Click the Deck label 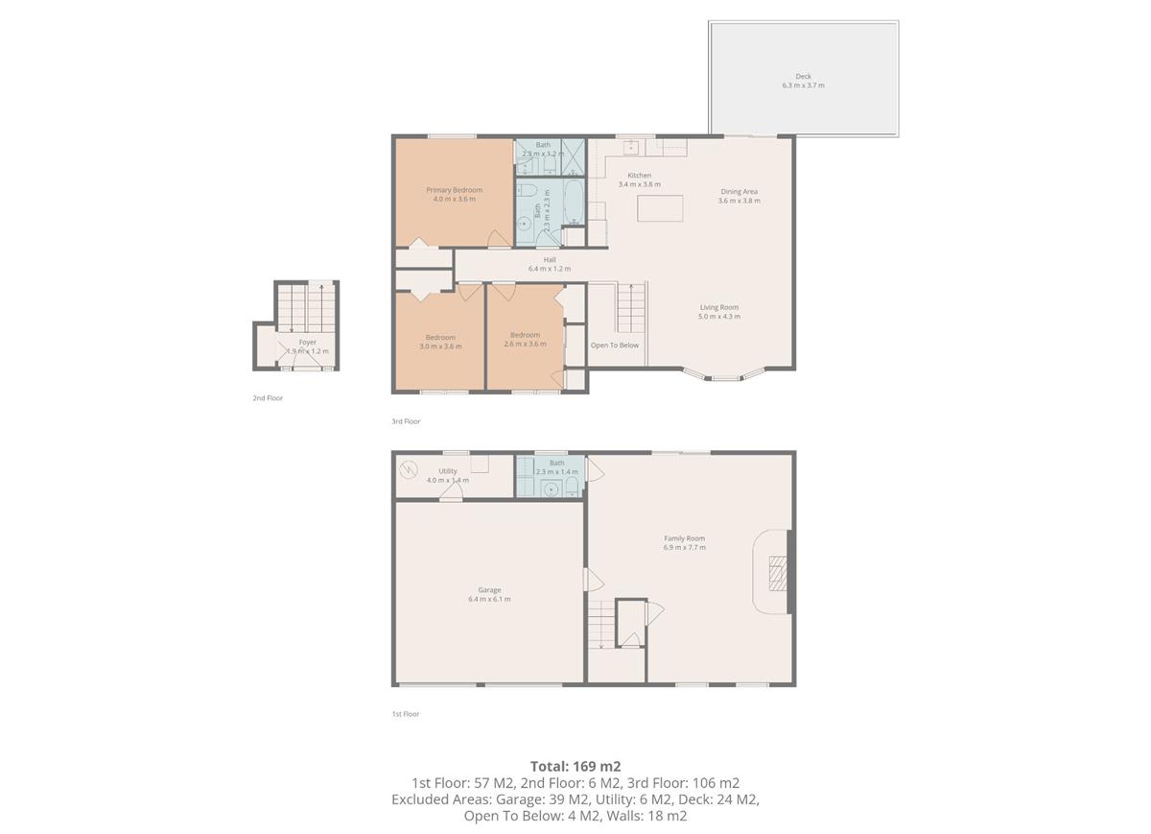pos(803,81)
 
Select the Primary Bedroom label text pos(454,194)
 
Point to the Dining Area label pos(739,196)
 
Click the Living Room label pos(718,311)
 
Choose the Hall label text pos(550,264)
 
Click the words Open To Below pos(614,346)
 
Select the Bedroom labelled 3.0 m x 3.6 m pos(440,341)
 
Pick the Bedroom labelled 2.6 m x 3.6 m pos(525,339)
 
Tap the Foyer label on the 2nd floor pos(307,346)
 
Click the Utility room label pos(447,475)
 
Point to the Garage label pos(489,594)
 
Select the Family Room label pos(684,542)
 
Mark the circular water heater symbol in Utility pos(410,469)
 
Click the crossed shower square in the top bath pos(573,155)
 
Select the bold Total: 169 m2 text pos(575,766)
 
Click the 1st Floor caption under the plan pos(405,714)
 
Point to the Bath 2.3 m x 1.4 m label pos(556,467)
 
